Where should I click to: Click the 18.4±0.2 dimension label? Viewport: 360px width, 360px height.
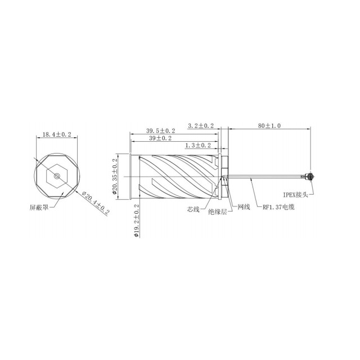[57, 134]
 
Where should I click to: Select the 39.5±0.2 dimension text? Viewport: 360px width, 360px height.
[161, 131]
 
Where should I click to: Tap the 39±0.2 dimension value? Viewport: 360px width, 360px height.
[160, 138]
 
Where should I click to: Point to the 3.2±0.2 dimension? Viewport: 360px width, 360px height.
[201, 126]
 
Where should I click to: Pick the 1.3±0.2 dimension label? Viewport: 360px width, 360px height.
[198, 145]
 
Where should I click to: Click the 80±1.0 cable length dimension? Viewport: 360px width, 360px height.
[269, 126]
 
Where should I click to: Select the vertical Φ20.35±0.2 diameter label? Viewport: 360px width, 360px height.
[115, 176]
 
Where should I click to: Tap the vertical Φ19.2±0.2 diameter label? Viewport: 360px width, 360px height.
[136, 220]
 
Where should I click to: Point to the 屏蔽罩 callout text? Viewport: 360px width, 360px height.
[39, 208]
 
